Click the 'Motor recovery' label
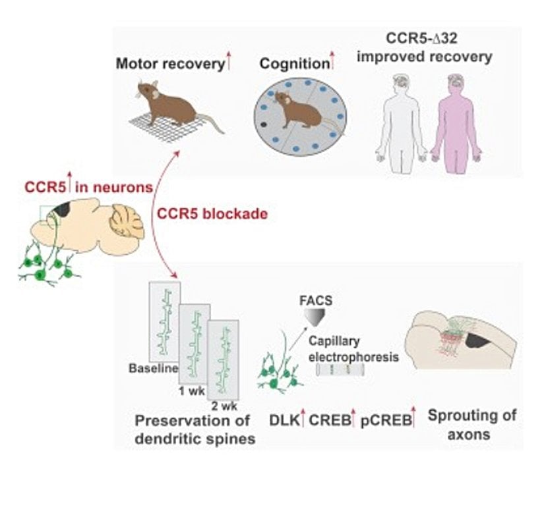(169, 64)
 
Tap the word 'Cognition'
(293, 64)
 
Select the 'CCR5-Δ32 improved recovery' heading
(424, 49)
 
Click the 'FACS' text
(318, 302)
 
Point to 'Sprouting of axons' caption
(471, 425)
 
